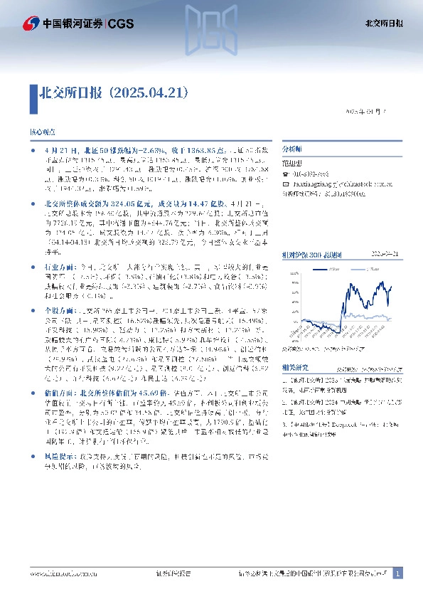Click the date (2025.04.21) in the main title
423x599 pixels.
tap(151, 92)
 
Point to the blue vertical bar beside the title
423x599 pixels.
tap(32, 92)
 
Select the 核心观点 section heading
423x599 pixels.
tap(42, 133)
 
